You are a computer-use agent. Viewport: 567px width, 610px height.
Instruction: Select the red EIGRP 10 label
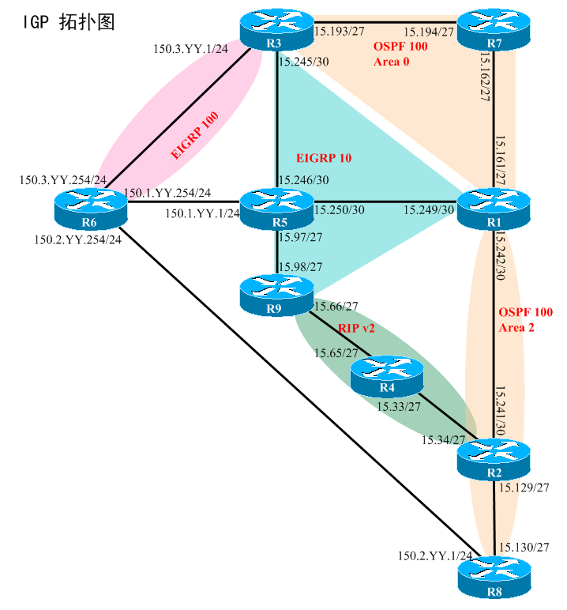pyautogui.click(x=322, y=158)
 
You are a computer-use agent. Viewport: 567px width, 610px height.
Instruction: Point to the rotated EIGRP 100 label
pyautogui.click(x=195, y=136)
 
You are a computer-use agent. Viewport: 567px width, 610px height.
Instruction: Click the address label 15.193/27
pyautogui.click(x=340, y=32)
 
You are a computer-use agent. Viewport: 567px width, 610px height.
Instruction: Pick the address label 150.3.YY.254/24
pyautogui.click(x=63, y=180)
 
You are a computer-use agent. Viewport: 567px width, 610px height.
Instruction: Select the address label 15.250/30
pyautogui.click(x=340, y=210)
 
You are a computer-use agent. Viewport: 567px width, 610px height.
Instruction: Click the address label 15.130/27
pyautogui.click(x=525, y=546)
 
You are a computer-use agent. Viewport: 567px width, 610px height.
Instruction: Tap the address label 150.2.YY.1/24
pyautogui.click(x=435, y=557)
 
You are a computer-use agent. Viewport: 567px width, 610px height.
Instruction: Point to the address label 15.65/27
pyautogui.click(x=337, y=353)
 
